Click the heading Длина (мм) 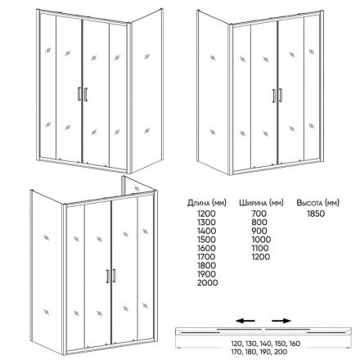[207, 203]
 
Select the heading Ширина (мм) [261, 203]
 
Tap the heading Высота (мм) [317, 203]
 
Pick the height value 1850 [316, 214]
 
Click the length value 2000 [208, 282]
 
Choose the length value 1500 [206, 240]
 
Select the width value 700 [259, 214]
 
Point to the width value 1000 [261, 240]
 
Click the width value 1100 [260, 248]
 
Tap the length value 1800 [206, 265]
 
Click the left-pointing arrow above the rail [245, 321]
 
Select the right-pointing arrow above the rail [281, 321]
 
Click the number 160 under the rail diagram [294, 344]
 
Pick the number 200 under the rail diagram [281, 352]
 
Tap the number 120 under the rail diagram [236, 344]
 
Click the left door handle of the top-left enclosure [79, 94]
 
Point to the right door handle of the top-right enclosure [280, 95]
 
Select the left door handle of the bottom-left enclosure [108, 277]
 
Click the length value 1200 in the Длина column [206, 214]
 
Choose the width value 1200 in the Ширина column [261, 257]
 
